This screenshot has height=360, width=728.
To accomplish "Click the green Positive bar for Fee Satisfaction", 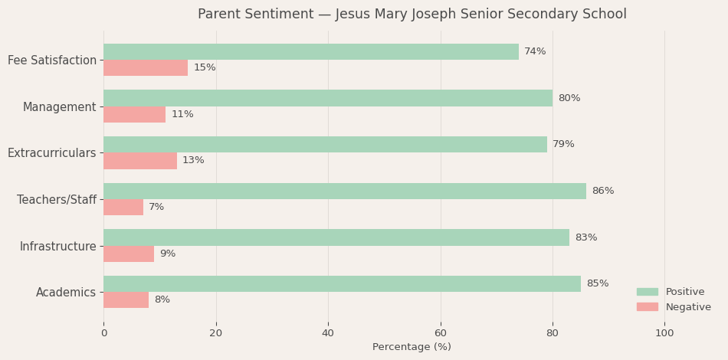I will (310, 52).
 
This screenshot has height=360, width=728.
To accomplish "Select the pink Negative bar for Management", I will (134, 115).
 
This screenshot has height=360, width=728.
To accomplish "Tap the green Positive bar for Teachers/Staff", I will (344, 191).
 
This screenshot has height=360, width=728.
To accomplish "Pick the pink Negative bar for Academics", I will (126, 300).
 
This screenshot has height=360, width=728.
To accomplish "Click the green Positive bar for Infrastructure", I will (336, 237).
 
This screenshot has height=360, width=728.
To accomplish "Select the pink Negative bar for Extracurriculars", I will (139, 161).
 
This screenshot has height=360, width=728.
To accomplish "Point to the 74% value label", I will (535, 52).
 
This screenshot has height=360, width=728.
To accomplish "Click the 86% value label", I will (602, 191).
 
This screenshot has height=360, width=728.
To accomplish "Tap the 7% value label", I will (156, 208).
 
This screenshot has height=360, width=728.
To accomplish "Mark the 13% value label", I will (193, 161).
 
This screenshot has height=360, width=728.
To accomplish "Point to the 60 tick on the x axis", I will (440, 333).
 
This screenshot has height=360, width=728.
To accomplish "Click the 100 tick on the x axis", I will (664, 333).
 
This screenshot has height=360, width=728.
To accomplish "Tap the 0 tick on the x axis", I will (104, 333).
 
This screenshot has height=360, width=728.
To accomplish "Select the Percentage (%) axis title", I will (412, 347).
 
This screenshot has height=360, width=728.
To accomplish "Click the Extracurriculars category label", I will (52, 153).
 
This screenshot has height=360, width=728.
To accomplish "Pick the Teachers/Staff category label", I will (57, 200).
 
